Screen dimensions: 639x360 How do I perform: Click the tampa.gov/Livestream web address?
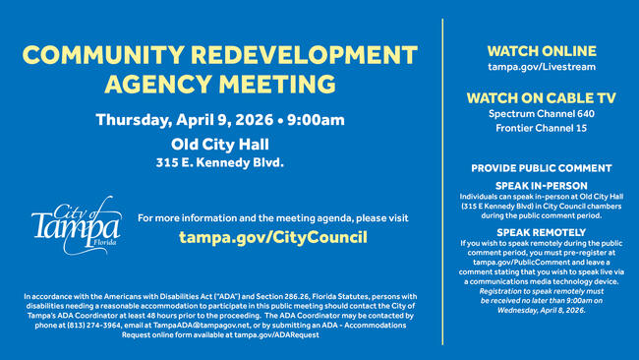click(541, 67)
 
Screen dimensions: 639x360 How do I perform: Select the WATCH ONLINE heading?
click(541, 50)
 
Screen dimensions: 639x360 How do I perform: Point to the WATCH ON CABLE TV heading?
click(541, 97)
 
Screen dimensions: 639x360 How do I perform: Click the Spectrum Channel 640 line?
click(541, 114)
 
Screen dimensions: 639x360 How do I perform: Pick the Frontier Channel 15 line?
click(541, 129)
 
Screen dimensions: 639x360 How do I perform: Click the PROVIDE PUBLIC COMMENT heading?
click(541, 168)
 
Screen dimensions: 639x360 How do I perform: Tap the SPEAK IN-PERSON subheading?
click(541, 185)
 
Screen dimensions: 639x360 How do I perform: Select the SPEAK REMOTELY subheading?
click(541, 231)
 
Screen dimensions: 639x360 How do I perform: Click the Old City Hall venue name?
click(219, 144)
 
